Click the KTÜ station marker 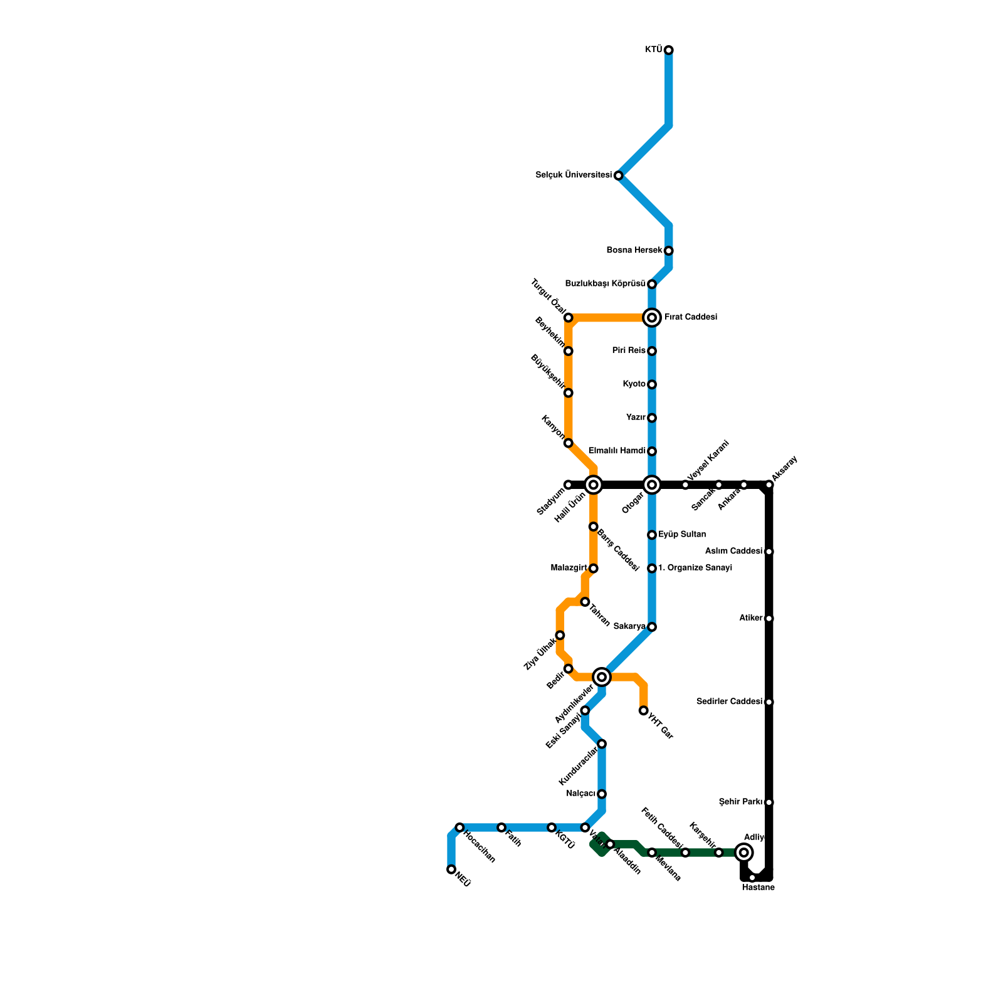click(669, 50)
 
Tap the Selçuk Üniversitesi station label click(574, 176)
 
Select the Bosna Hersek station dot click(669, 251)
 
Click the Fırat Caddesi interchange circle click(652, 318)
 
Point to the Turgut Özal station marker click(569, 318)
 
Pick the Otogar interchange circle click(652, 485)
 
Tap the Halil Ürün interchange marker click(594, 485)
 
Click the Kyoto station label click(634, 384)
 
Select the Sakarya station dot click(652, 627)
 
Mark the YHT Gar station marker click(644, 710)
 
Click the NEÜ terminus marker click(451, 869)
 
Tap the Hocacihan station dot click(459, 827)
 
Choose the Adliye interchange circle click(744, 853)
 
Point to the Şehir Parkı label click(740, 802)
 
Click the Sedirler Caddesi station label click(730, 702)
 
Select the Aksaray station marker click(769, 485)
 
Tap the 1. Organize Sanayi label click(695, 569)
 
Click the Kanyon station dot click(569, 443)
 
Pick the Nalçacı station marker click(602, 794)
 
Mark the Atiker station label click(751, 619)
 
